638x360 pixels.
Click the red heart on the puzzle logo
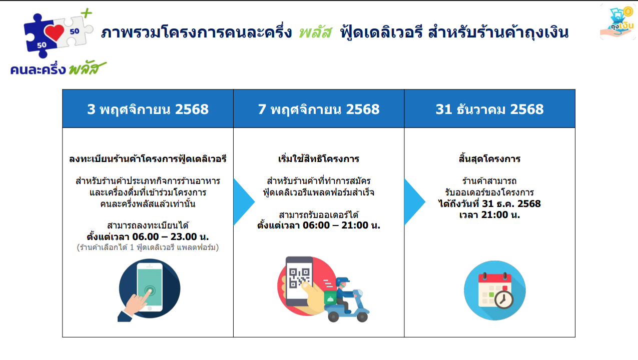point(54,32)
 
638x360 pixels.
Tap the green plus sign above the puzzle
point(86,13)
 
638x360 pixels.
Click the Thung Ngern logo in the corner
point(617,22)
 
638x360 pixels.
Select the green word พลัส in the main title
point(316,32)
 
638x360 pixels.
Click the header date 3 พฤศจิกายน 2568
point(148,109)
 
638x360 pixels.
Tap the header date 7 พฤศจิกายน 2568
point(319,109)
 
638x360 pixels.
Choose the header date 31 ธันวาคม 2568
point(489,109)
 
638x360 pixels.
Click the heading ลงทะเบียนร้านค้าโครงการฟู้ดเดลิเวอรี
point(148,158)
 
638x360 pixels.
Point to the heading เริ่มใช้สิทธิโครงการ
point(319,158)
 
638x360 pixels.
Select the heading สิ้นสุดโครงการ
point(489,158)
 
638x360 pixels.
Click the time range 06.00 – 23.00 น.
point(170,236)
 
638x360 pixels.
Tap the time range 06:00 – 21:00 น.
point(341,225)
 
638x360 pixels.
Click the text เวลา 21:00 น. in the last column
point(489,214)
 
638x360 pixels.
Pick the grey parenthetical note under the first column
point(148,247)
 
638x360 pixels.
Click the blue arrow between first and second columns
point(244,202)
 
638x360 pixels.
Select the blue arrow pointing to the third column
point(414,202)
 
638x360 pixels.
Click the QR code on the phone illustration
point(299,277)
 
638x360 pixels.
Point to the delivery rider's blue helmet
point(342,281)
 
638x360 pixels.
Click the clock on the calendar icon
point(503,299)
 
